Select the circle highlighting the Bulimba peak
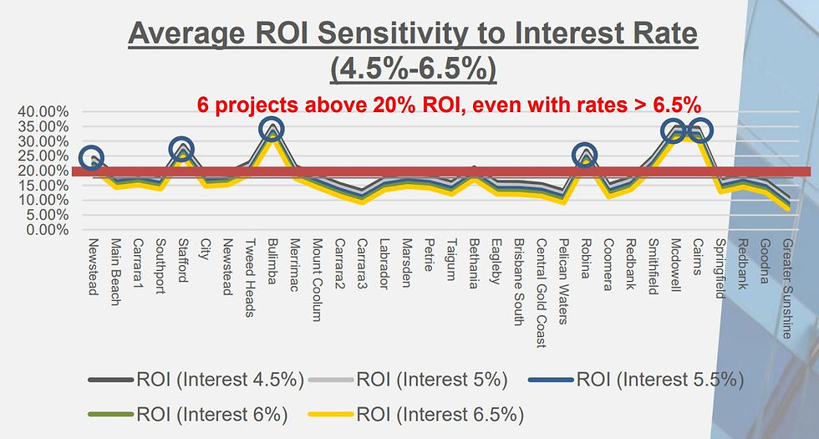(x=271, y=129)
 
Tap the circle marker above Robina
(x=585, y=155)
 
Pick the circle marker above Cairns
(x=699, y=130)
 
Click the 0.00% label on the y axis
(x=47, y=230)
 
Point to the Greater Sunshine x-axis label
(x=787, y=288)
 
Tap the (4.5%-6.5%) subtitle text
(x=413, y=69)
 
